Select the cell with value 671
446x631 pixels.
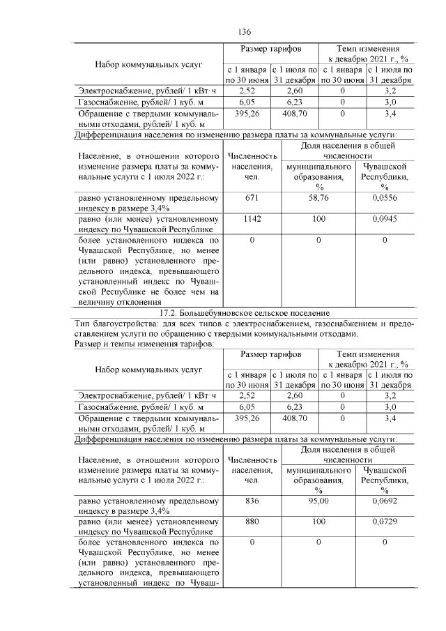pos(252,198)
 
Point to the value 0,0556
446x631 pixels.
pos(384,198)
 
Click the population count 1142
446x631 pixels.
pos(252,219)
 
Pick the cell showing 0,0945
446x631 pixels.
pos(384,219)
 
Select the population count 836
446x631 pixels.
pos(252,501)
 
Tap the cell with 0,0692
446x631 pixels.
pos(384,501)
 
